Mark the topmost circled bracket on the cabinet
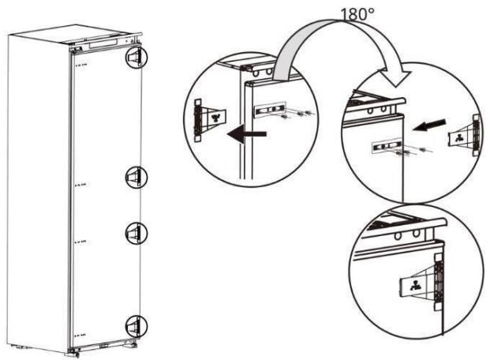[x=136, y=57]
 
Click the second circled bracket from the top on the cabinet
[x=136, y=177]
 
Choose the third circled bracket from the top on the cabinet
[x=136, y=231]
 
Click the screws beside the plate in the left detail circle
[x=297, y=113]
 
